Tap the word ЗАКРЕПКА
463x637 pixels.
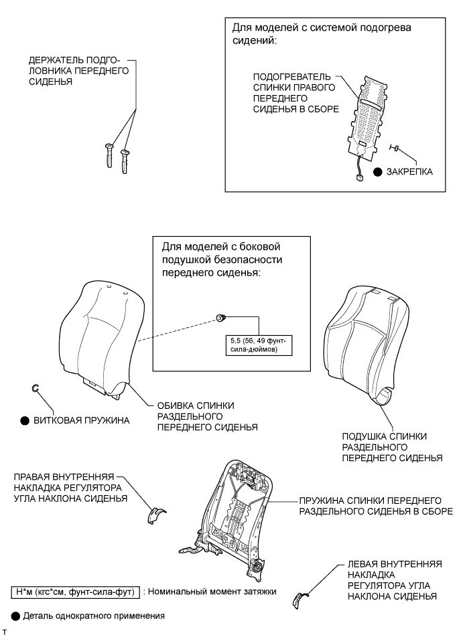[410, 172]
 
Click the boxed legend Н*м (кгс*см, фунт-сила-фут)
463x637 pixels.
[74, 592]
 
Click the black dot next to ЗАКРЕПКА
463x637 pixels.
[378, 172]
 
